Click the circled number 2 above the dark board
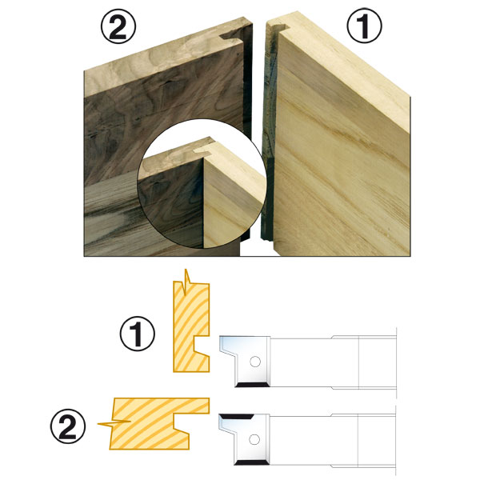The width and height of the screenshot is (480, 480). click(118, 27)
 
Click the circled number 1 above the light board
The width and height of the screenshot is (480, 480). click(364, 26)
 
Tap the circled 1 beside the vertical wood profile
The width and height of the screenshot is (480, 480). click(137, 334)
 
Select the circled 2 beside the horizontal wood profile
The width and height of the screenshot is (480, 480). click(68, 426)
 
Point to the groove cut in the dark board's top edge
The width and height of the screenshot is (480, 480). click(231, 36)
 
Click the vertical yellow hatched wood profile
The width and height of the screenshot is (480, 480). click(191, 327)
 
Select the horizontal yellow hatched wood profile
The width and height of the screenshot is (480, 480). click(159, 423)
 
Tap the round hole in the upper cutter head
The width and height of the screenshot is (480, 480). click(255, 362)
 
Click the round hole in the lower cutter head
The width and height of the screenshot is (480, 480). click(254, 439)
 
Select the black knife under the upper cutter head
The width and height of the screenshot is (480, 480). click(253, 385)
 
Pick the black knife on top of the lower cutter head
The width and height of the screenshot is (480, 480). click(238, 417)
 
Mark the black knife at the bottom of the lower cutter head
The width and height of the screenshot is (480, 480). click(252, 462)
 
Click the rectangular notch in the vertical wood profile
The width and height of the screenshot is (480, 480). click(202, 344)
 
